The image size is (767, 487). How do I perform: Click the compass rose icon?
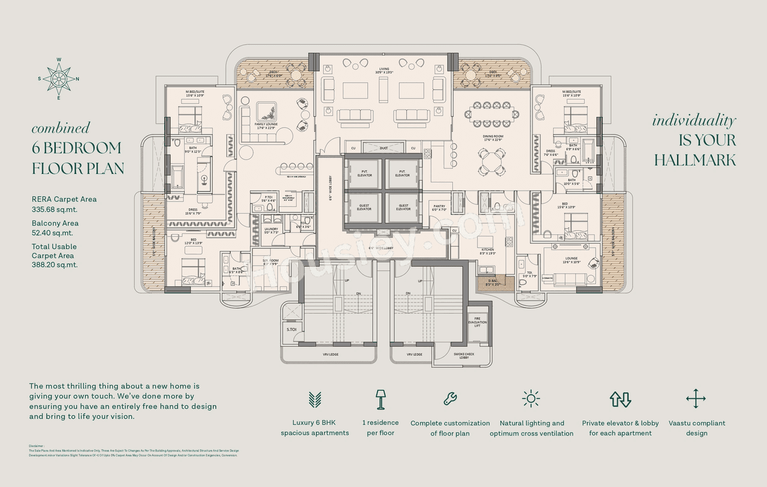point(59,79)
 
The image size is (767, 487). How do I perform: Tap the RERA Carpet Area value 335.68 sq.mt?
point(55,210)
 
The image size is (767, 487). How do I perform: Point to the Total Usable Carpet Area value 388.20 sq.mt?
point(55,264)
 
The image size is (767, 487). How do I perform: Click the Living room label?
point(383,70)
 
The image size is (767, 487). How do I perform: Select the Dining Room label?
point(493,137)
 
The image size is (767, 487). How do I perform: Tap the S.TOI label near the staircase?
point(292,329)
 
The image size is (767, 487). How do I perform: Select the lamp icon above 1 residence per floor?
point(380,399)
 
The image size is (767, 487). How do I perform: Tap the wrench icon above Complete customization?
point(450,398)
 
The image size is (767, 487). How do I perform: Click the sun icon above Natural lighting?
point(531,399)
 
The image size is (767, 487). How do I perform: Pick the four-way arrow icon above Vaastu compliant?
point(696,399)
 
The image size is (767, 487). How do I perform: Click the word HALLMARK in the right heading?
point(694,160)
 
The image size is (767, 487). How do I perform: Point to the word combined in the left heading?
point(61,128)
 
